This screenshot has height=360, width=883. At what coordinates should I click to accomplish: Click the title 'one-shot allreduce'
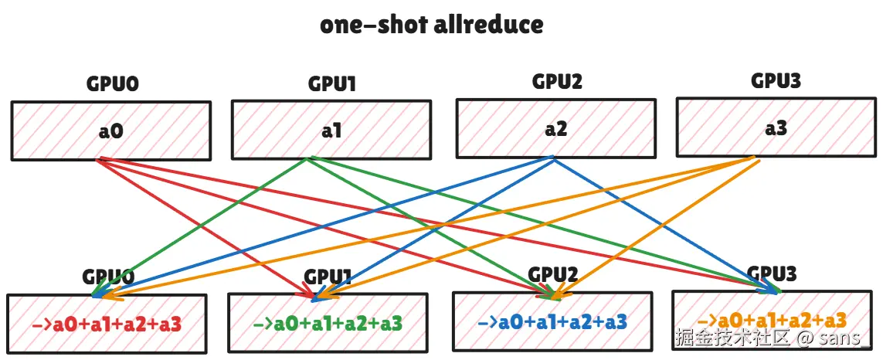[431, 25]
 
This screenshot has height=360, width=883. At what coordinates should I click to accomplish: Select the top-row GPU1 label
[331, 83]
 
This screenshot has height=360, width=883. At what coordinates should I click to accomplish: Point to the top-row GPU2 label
[556, 81]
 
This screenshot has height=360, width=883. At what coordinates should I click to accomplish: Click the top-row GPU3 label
[776, 80]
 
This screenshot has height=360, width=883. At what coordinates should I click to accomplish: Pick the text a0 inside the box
[110, 131]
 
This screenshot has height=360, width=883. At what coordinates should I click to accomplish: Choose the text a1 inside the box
[331, 131]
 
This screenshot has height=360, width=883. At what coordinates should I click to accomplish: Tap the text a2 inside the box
[555, 128]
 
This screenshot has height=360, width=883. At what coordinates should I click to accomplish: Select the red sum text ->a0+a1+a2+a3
[107, 324]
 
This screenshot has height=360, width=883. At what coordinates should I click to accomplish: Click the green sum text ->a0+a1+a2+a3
[328, 322]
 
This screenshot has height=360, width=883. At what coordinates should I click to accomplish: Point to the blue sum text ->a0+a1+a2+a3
[552, 321]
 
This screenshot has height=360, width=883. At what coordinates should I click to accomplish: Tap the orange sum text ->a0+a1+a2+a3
[772, 319]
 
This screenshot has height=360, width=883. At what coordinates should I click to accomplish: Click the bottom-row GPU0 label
[109, 277]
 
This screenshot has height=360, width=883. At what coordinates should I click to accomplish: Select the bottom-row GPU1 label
[328, 277]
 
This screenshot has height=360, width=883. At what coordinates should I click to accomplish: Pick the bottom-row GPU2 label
[553, 274]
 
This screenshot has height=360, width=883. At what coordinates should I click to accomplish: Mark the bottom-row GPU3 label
[772, 273]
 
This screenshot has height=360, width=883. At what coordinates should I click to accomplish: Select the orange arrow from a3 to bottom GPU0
[433, 225]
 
